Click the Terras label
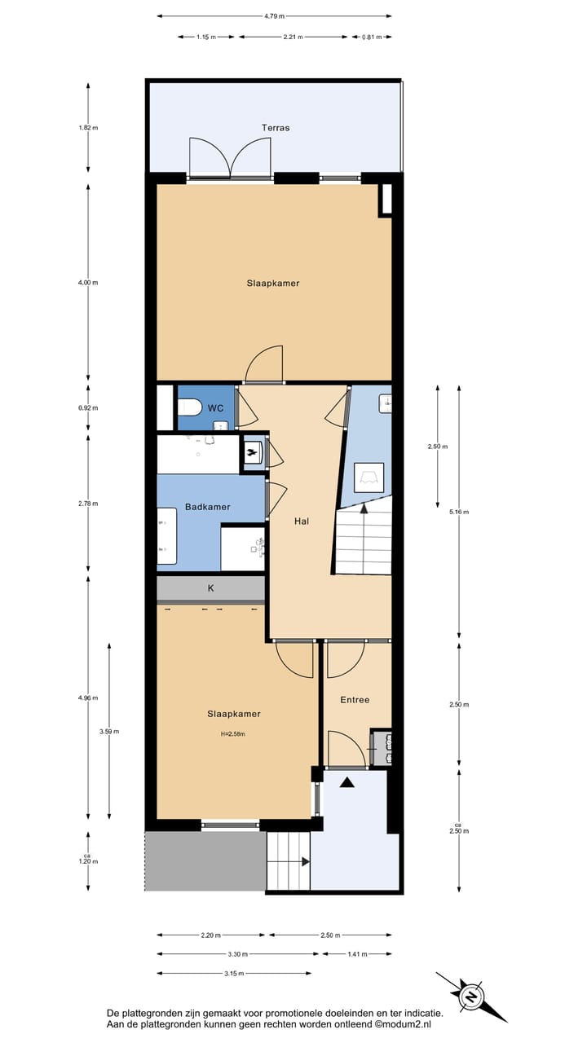point(276,128)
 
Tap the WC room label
point(215,407)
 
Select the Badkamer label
point(207,507)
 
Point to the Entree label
point(355,700)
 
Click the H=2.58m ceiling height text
point(232,733)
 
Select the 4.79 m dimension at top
point(274,15)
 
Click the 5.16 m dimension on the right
point(460,512)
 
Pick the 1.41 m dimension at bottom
point(357,954)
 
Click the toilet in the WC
point(191,407)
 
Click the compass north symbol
point(470,997)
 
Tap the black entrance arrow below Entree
point(347,782)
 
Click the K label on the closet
point(210,588)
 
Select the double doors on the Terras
point(230,158)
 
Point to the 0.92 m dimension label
point(88,408)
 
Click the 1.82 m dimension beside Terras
point(88,128)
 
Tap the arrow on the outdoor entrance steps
point(305,861)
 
